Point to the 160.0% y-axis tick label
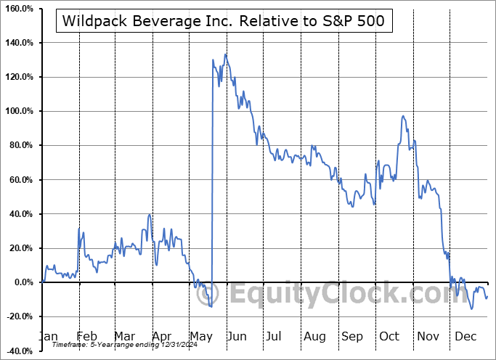coord(19,9)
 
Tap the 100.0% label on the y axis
coord(19,111)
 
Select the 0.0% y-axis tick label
coord(23,282)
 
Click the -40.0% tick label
coord(19,351)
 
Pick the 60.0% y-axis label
coord(21,180)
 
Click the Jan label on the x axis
coord(48,337)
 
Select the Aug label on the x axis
coord(314,337)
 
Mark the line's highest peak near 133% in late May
coord(226,54)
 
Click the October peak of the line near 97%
coord(402,116)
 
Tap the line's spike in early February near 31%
coord(79,229)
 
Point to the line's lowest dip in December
coord(472,309)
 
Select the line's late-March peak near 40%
coord(149,214)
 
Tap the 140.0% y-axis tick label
coord(19,43)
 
